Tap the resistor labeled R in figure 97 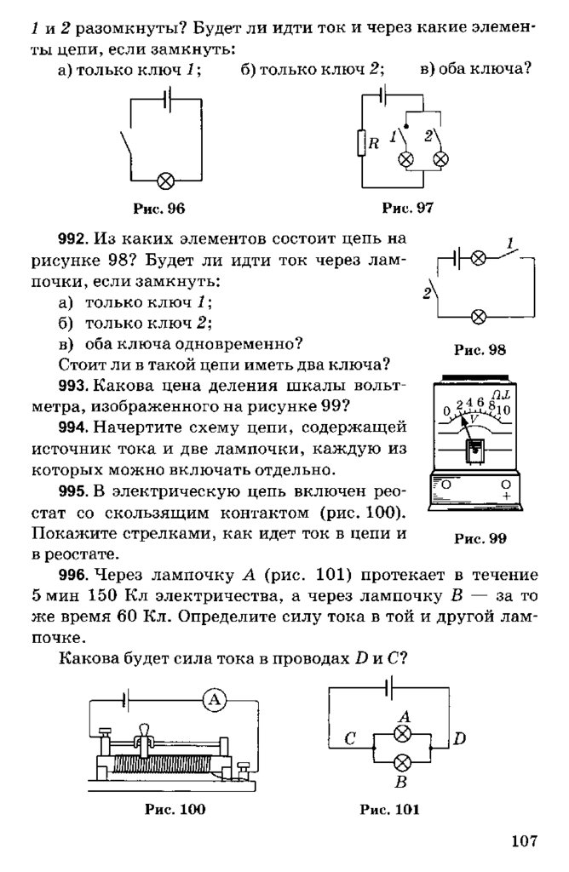(361, 143)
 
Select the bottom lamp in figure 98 (479, 317)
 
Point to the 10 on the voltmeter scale (503, 410)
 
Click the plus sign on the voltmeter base (507, 495)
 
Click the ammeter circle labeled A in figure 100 (214, 700)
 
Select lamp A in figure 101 (405, 732)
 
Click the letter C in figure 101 (348, 739)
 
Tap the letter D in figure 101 (459, 738)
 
